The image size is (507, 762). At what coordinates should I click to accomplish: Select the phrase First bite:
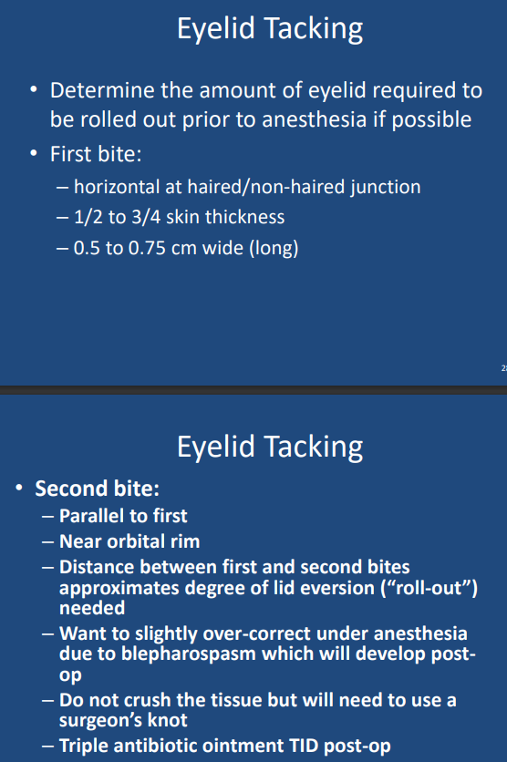pos(96,154)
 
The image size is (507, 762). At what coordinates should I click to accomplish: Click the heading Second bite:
pos(98,489)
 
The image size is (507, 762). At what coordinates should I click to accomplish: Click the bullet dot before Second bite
pos(19,488)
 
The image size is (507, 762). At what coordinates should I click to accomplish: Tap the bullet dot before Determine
pos(34,90)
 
